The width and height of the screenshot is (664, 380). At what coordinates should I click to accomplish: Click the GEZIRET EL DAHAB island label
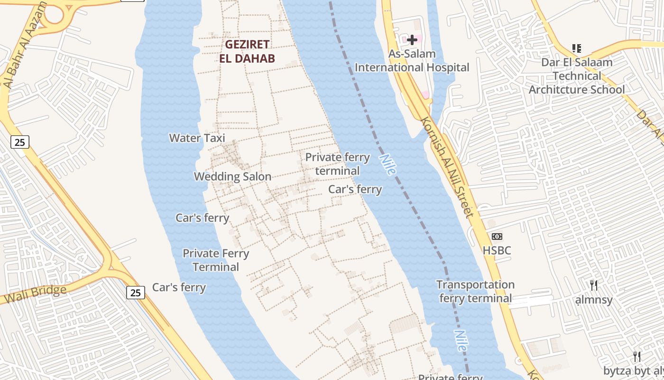click(247, 51)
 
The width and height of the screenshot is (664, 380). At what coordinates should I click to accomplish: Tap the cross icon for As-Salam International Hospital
click(412, 40)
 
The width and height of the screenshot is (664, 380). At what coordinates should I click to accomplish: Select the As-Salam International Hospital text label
click(412, 61)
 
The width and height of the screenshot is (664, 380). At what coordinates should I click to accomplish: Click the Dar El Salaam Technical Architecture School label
click(577, 76)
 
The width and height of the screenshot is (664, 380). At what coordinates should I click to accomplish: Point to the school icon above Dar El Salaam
click(577, 48)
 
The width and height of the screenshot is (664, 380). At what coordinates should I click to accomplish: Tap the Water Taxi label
click(197, 138)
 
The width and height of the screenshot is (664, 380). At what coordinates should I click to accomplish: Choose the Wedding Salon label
click(232, 177)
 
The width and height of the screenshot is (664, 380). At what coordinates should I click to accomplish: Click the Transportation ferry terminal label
click(475, 292)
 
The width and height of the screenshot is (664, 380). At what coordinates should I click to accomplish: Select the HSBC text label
click(497, 250)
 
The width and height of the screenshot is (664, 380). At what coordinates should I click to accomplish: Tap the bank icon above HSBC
click(497, 236)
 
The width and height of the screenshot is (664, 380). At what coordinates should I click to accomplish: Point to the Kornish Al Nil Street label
click(446, 166)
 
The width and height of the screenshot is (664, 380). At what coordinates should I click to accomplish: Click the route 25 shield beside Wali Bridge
click(136, 293)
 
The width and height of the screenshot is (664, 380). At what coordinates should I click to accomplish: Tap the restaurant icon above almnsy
click(593, 285)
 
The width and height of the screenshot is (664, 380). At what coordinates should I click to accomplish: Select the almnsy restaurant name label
click(593, 300)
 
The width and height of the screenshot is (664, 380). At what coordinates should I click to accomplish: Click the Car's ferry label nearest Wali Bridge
click(179, 287)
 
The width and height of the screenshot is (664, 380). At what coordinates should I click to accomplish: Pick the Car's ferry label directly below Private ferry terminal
click(355, 190)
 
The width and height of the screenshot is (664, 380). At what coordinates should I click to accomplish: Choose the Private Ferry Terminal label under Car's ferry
click(216, 260)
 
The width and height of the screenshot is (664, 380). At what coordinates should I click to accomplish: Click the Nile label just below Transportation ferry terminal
click(460, 341)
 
